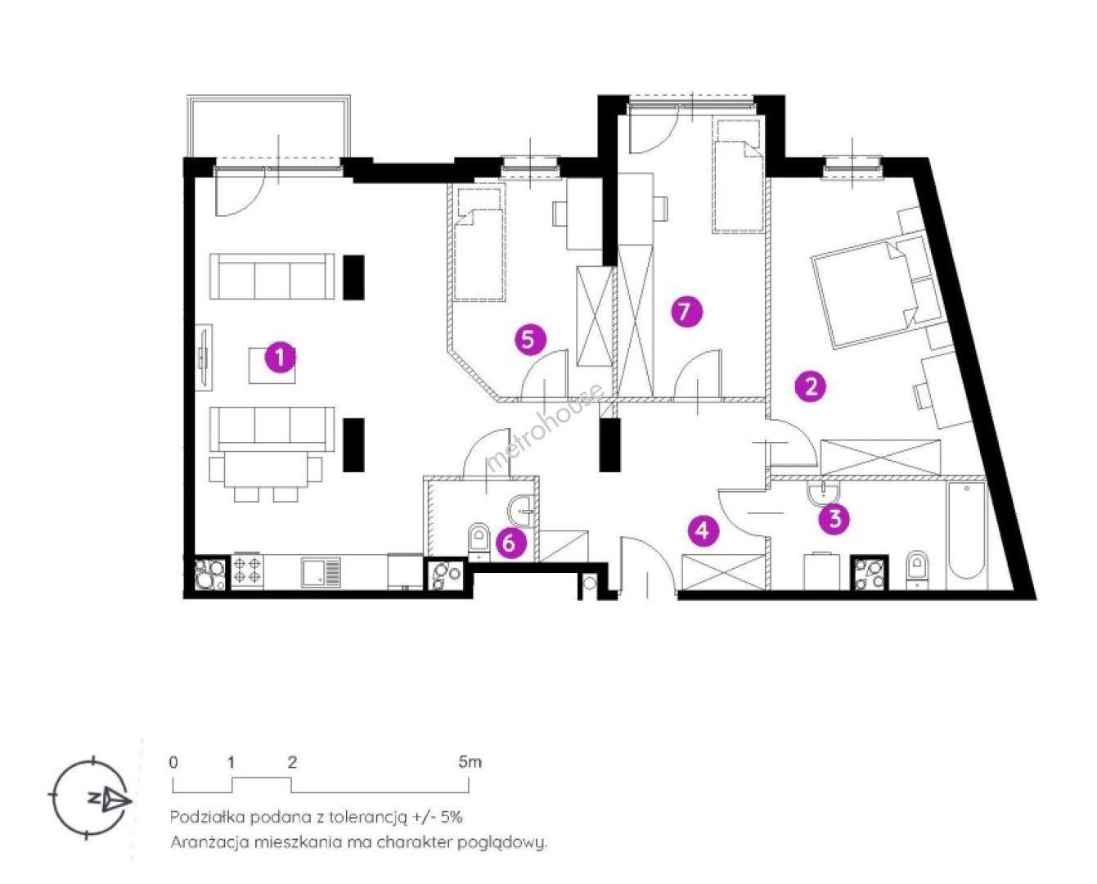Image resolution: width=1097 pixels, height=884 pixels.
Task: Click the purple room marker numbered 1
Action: (281, 358)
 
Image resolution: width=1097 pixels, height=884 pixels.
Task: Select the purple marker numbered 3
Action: (834, 519)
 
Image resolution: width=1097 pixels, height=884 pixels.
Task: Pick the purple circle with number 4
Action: (703, 530)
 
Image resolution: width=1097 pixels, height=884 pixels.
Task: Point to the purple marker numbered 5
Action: (530, 339)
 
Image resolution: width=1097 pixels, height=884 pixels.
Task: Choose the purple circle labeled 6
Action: (510, 543)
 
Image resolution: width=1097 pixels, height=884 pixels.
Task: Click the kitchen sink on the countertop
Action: (321, 572)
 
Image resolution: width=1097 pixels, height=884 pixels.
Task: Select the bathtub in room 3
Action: (967, 533)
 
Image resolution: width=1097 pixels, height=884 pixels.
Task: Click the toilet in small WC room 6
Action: (479, 543)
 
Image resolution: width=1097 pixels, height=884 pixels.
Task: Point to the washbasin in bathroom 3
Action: (823, 494)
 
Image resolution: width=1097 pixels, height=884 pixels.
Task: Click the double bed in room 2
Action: (877, 290)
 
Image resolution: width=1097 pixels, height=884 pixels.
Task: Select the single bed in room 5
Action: (479, 243)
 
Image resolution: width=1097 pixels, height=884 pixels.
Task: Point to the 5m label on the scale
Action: (470, 762)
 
